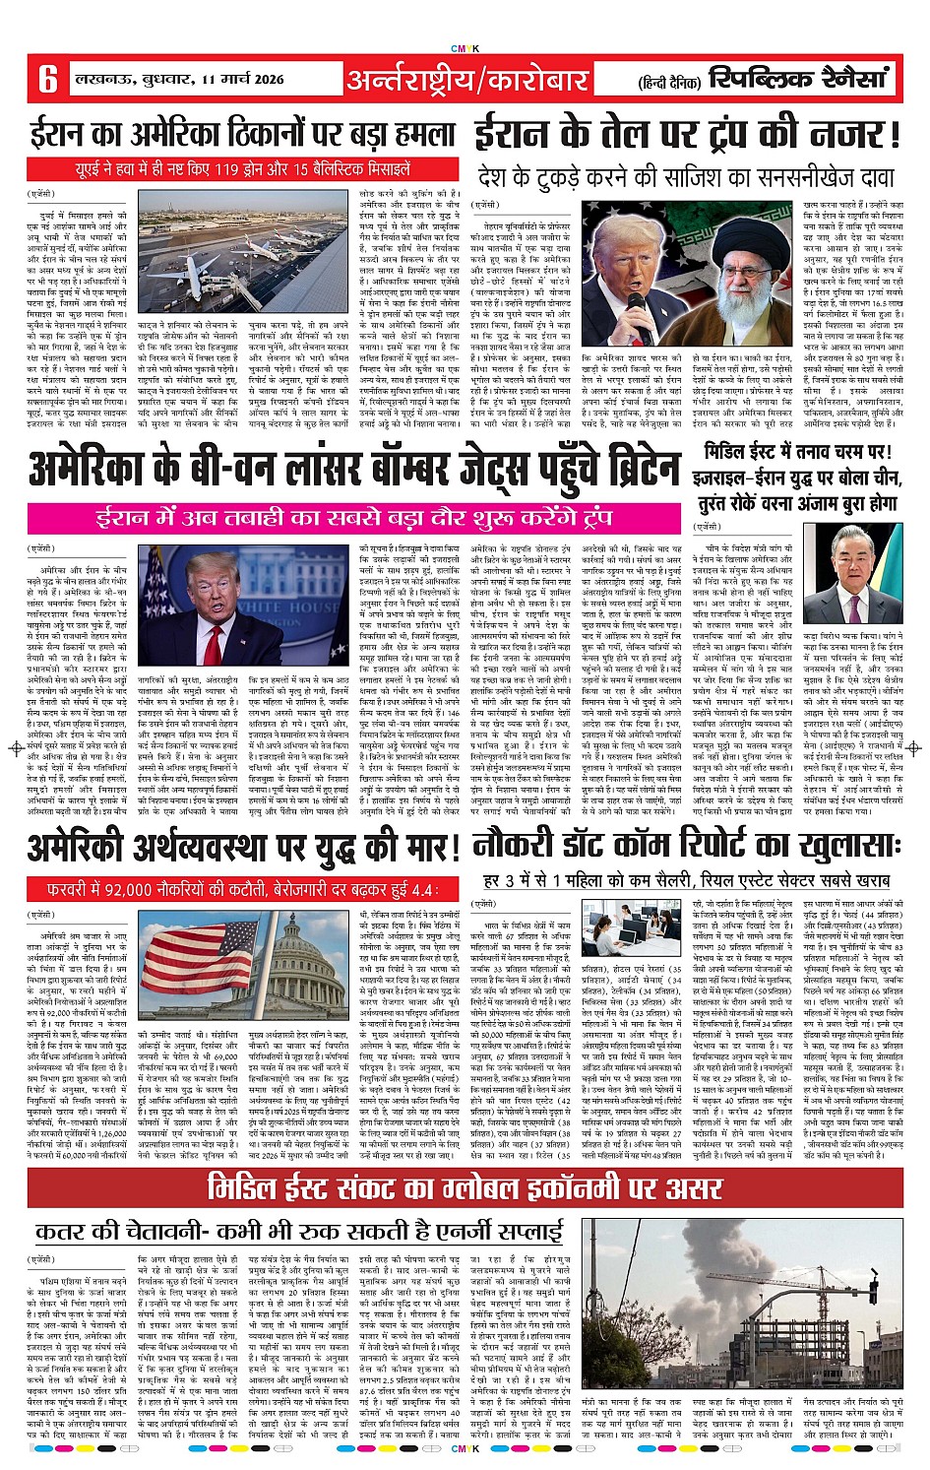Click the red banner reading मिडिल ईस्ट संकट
(465, 1187)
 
